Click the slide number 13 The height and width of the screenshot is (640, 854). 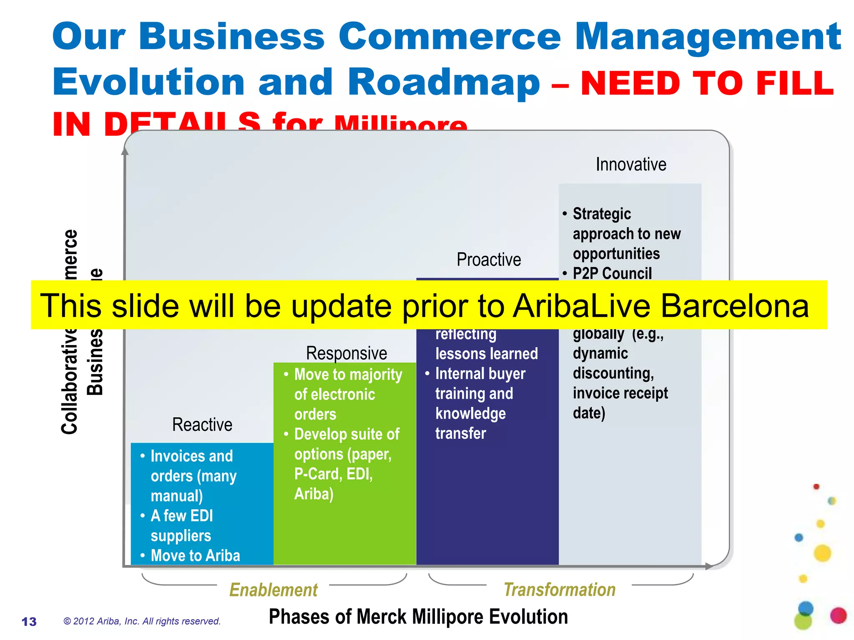tap(29, 622)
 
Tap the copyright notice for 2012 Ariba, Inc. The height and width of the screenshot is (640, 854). tap(142, 621)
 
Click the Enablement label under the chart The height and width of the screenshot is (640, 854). tap(274, 590)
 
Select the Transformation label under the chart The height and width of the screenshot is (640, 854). tap(560, 590)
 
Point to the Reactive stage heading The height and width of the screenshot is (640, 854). tap(202, 425)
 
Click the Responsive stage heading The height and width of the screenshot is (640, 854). tap(347, 353)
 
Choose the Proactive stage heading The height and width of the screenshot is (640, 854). tap(489, 260)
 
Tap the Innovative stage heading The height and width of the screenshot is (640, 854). tap(631, 164)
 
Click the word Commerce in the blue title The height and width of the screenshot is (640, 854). tap(450, 37)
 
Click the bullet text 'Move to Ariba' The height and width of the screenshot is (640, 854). tap(195, 555)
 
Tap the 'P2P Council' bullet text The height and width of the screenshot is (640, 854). tap(612, 273)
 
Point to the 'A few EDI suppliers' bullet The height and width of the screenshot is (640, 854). tap(182, 525)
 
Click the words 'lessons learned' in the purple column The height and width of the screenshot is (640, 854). tap(487, 354)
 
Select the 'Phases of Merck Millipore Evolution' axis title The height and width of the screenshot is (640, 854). tap(418, 617)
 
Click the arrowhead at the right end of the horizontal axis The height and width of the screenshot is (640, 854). tap(708, 566)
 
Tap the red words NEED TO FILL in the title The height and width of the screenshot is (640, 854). tap(707, 83)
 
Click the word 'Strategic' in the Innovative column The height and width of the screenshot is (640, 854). tap(602, 214)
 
